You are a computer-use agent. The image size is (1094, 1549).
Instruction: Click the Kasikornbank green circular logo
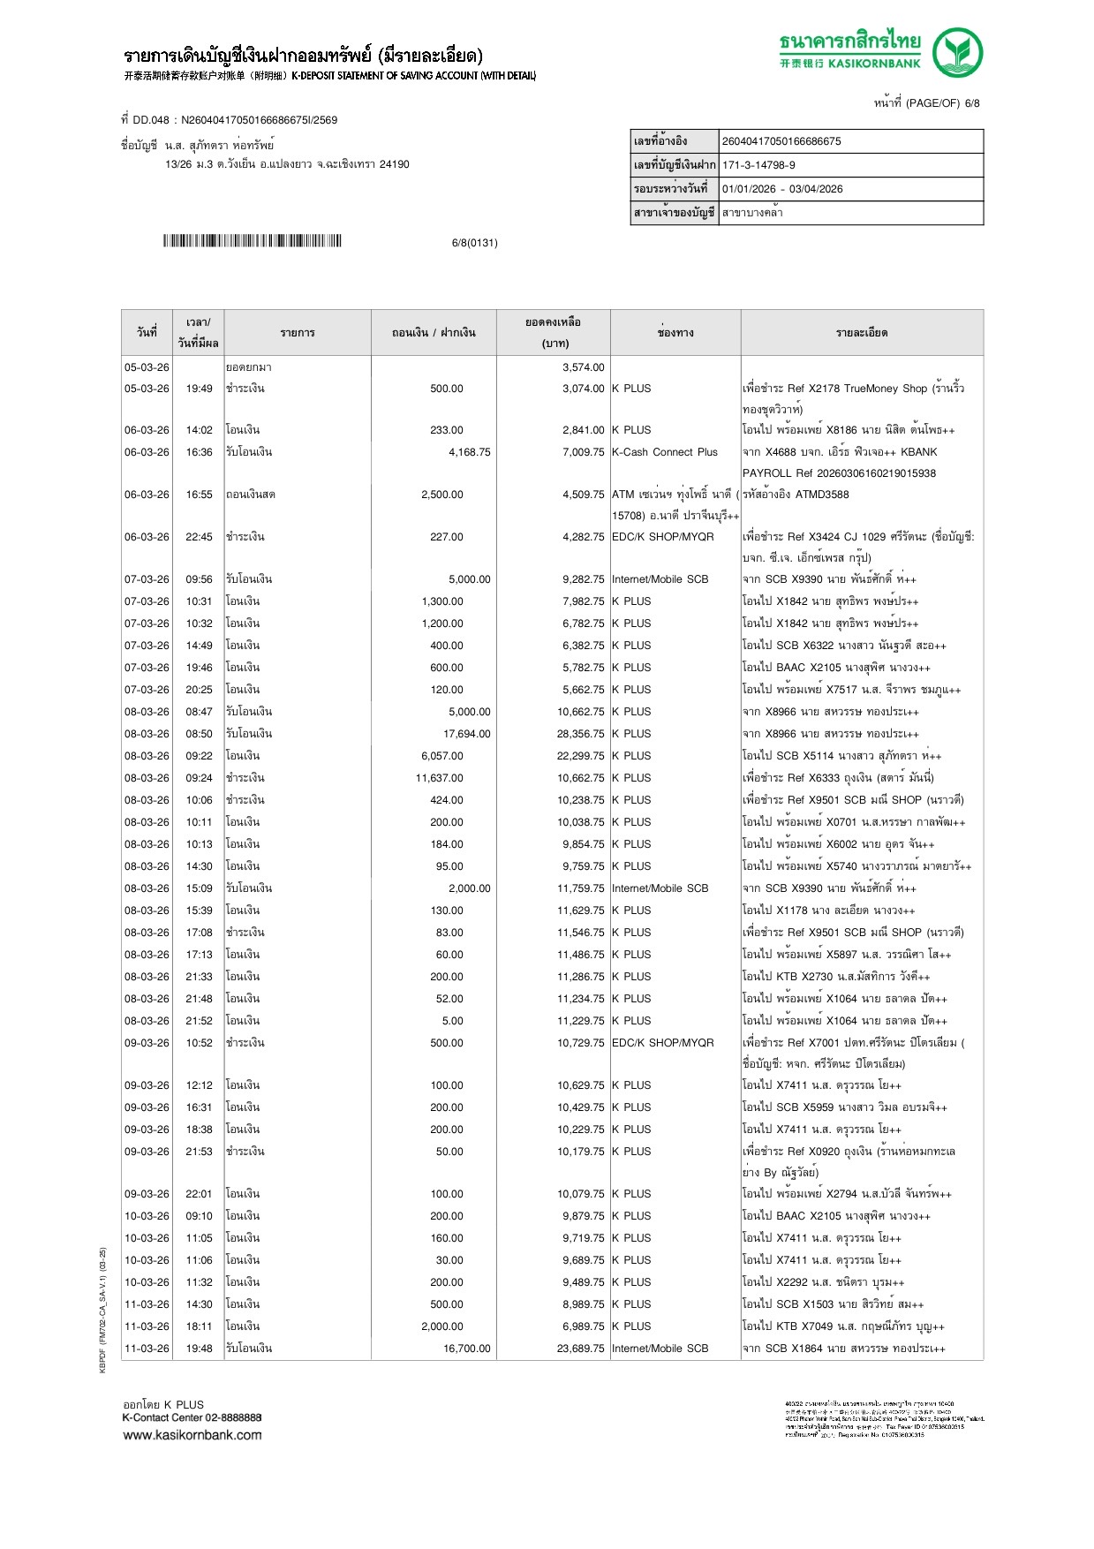point(957,52)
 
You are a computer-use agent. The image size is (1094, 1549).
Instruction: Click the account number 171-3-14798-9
point(758,165)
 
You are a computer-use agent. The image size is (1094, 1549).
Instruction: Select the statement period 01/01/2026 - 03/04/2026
point(781,189)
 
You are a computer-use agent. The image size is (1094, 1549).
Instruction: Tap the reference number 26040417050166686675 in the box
point(781,141)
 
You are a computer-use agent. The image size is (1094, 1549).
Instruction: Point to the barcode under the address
point(252,241)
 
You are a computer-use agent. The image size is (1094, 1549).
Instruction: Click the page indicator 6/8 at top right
point(972,103)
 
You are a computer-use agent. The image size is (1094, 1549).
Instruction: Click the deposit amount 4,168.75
point(469,452)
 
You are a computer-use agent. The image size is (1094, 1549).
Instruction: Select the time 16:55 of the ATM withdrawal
point(199,495)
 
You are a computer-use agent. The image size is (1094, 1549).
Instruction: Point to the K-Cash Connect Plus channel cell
point(665,452)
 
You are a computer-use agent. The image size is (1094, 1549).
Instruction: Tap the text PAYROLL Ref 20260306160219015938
point(839,473)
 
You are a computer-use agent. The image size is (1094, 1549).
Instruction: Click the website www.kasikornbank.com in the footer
point(192,1435)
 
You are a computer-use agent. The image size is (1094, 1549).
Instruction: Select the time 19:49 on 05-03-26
point(199,389)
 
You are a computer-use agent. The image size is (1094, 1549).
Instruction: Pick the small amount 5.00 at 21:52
point(452,1021)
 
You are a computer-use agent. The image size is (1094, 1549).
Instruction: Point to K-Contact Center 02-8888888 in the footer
point(192,1417)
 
